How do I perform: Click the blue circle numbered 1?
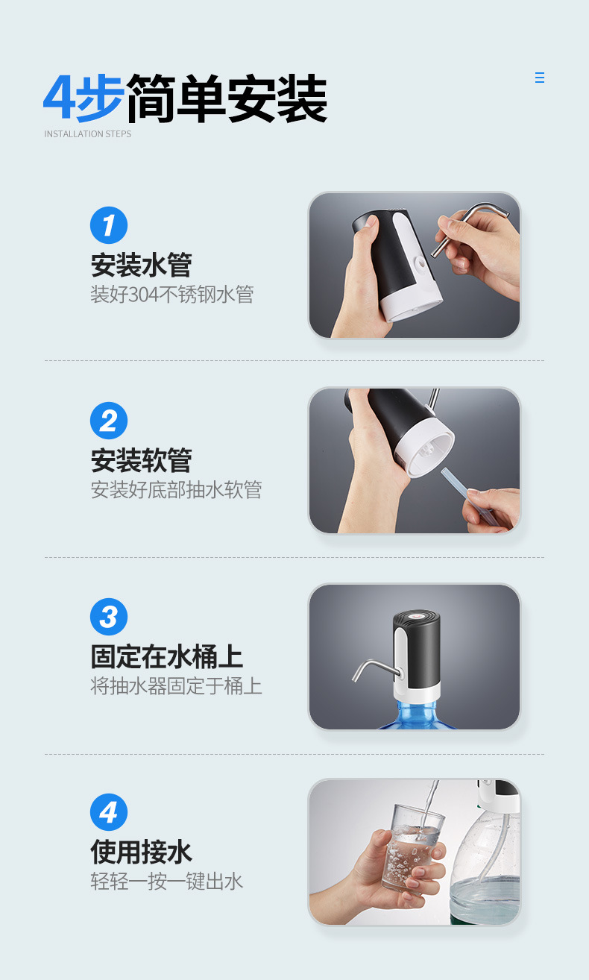109,225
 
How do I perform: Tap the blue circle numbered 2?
109,421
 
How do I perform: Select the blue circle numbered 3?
109,617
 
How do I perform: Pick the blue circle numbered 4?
109,812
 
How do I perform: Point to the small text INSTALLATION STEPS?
88,134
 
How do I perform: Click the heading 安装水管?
142,265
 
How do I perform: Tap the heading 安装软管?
142,460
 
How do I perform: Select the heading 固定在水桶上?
167,657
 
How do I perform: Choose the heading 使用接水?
142,852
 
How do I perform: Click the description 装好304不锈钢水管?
172,295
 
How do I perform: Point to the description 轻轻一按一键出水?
167,882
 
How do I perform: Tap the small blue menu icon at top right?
540,78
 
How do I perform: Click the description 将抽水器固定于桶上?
177,686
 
